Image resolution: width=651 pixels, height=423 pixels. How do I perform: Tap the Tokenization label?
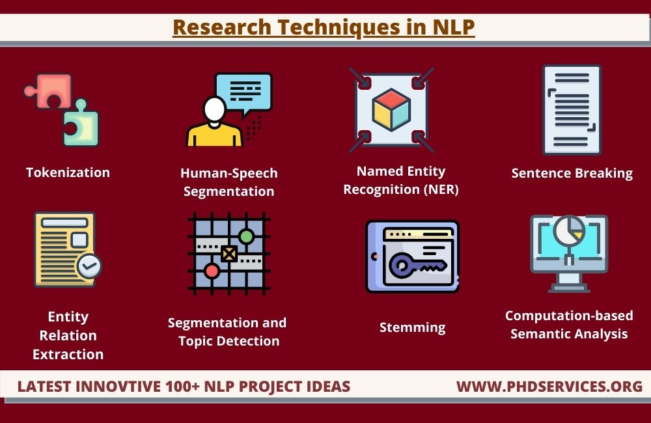pos(68,172)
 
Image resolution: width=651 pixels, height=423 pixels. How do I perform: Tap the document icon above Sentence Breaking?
pos(572,109)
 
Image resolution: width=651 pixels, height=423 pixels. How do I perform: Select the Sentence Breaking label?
pos(572,173)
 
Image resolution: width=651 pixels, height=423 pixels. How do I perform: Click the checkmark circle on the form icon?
pos(89,266)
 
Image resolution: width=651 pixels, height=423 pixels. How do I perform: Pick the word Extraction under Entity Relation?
pos(68,355)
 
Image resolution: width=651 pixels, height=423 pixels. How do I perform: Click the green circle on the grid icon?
pos(246,236)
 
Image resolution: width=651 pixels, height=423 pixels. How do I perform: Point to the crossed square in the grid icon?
pos(229,253)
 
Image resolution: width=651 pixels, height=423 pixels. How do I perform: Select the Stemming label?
pos(412,327)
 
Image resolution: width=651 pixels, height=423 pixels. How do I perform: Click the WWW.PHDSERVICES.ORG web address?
pos(549,387)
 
